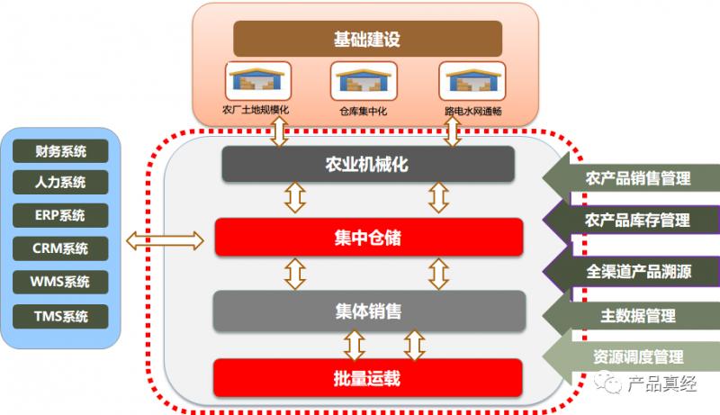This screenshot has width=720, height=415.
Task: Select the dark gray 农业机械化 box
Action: pos(367,165)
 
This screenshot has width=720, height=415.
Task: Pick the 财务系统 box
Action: pos(60,150)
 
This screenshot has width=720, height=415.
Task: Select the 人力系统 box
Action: pos(60,183)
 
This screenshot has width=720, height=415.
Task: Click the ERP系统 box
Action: pos(60,215)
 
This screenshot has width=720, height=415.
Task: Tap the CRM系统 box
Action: pos(60,248)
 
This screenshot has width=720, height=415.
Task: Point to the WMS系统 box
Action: pos(60,282)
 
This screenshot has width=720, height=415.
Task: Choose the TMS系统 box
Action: pos(60,315)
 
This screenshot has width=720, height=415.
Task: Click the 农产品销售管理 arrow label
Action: pos(635,178)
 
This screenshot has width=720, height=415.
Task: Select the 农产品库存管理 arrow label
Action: pos(635,220)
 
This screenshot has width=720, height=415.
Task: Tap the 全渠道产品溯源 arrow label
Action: pos(635,270)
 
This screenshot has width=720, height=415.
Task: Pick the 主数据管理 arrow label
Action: pos(635,316)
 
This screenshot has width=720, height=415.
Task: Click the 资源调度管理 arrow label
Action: pos(635,356)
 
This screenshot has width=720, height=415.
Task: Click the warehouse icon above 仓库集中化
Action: pos(363,82)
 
